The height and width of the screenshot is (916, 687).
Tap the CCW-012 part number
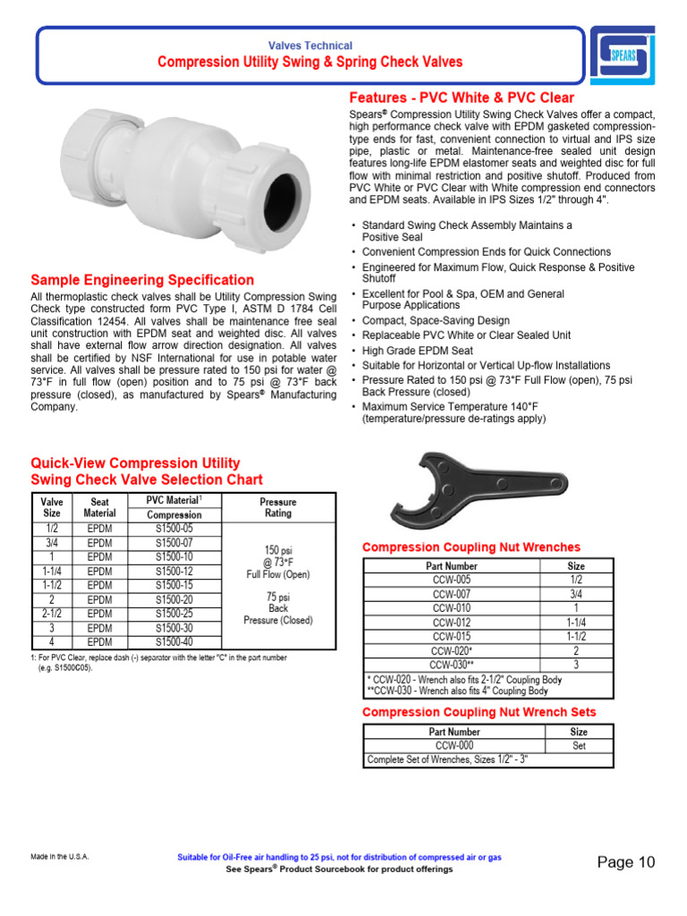point(452,623)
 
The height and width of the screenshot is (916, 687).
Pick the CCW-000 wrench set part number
point(454,745)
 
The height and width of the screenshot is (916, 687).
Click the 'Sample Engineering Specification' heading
point(142,280)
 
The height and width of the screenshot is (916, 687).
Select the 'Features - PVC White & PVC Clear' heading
point(461,98)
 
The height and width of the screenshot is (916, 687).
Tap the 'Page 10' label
point(626,862)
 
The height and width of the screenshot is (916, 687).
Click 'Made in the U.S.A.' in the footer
point(60,857)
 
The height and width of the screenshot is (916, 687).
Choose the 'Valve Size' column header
point(53,507)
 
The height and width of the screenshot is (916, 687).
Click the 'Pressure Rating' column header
point(277,507)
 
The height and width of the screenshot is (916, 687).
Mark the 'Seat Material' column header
point(99,507)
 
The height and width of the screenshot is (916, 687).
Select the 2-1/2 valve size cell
point(53,614)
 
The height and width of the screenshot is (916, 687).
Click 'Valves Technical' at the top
point(310,46)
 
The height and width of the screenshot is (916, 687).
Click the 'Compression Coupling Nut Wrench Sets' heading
point(479,712)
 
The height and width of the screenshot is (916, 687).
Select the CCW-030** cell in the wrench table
point(452,665)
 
